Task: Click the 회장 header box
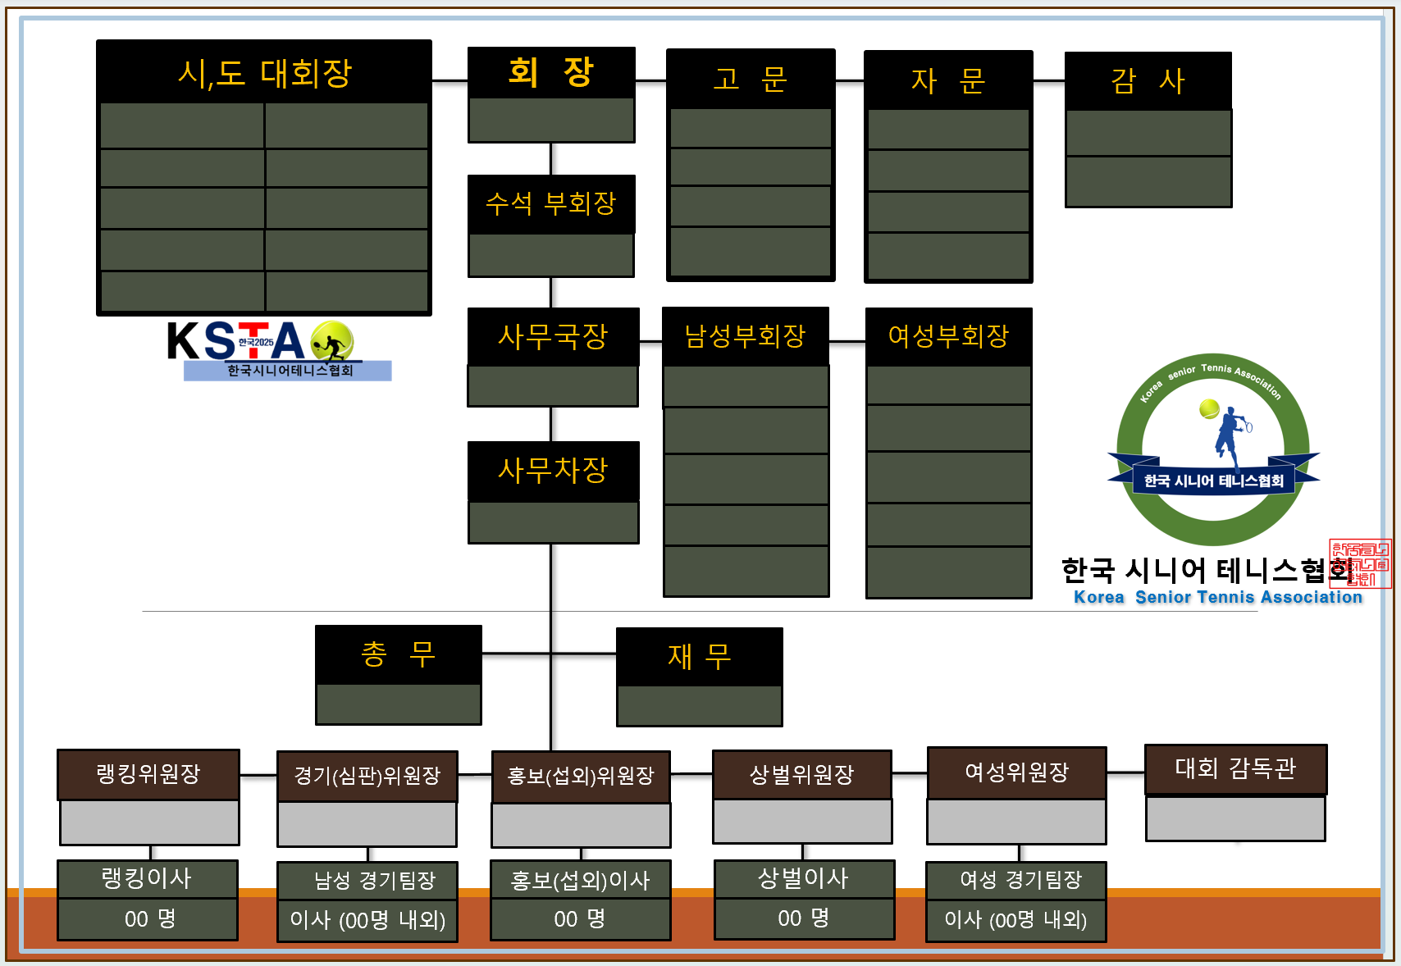(551, 73)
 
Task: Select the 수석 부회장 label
(551, 204)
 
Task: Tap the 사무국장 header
(553, 336)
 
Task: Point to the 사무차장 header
(553, 471)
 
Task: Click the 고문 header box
(751, 79)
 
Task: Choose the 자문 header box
(948, 80)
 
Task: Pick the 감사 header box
(1148, 81)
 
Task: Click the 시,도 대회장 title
(264, 73)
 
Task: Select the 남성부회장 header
(746, 336)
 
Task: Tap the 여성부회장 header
(948, 336)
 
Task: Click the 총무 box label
(399, 654)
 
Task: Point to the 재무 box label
(700, 657)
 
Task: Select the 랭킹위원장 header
(148, 774)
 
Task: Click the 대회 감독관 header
(1235, 768)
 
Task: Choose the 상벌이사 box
(804, 879)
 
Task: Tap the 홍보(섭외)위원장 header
(581, 776)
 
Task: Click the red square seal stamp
(1361, 563)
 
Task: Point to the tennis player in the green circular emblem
(1229, 435)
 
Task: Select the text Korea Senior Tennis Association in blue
(1218, 598)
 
